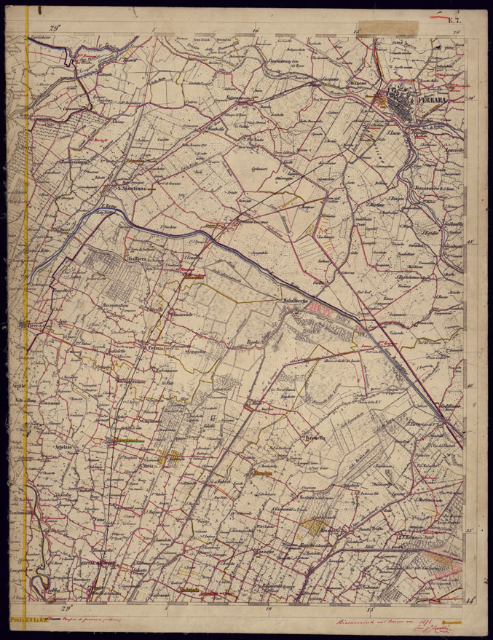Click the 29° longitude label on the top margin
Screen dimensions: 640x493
coord(54,28)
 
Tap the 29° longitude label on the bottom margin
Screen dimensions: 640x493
coord(66,606)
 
